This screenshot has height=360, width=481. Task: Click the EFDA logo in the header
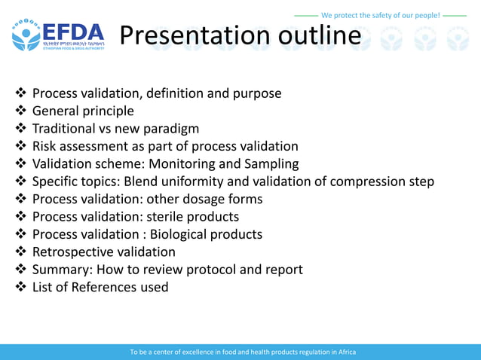(x=58, y=36)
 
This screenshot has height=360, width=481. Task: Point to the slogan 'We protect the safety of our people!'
(x=380, y=15)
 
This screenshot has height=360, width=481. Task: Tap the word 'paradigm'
(x=170, y=129)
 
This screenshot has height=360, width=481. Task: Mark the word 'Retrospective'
(x=75, y=252)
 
